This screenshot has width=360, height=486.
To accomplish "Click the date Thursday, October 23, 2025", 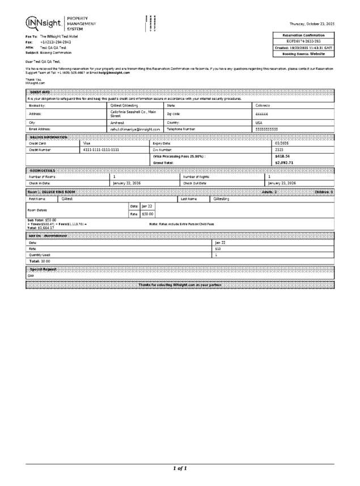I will point(312,24).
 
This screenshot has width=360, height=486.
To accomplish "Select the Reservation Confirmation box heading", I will point(304,35).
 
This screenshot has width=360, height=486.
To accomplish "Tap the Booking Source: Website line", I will point(304,54).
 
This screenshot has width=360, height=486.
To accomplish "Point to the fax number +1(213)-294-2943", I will point(56,42).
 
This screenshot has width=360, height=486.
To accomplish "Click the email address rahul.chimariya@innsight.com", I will point(135,129).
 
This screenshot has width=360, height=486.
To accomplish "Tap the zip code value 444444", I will point(261,114).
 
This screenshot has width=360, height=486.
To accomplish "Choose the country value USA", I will point(259,122).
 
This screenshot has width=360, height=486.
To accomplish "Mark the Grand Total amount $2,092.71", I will point(283,163).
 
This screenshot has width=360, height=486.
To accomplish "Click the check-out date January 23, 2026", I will point(281,183).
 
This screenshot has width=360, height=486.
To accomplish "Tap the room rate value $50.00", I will point(147,214).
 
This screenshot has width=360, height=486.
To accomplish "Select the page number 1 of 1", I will point(180,468).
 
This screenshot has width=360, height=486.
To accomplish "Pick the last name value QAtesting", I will point(221,199).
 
